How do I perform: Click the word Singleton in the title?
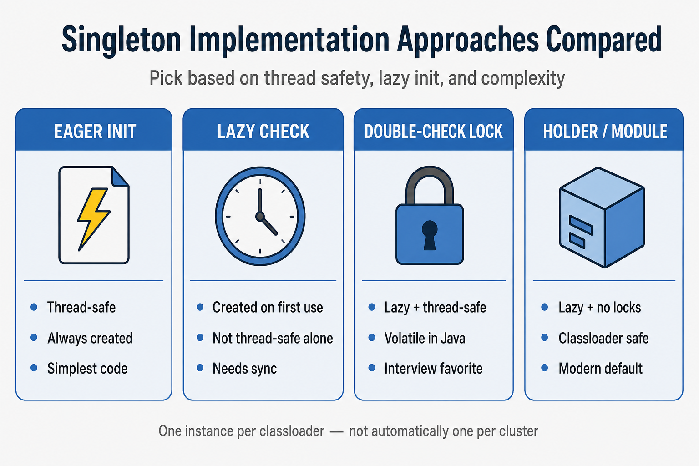[x=122, y=40]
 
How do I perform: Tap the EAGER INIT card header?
[x=95, y=132]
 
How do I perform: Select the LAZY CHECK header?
[x=263, y=132]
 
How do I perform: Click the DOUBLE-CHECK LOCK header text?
[x=433, y=132]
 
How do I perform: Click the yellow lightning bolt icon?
[x=93, y=219]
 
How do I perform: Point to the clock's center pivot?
[x=260, y=216]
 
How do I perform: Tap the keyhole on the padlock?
[x=430, y=235]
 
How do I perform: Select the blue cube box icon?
[x=602, y=217]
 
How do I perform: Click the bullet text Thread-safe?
[x=81, y=308]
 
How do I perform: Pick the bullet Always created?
[x=90, y=338]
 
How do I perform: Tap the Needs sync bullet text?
[x=245, y=369]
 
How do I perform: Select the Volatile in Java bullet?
[x=425, y=338]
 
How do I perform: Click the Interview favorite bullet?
[x=433, y=369]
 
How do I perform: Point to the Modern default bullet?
[x=600, y=369]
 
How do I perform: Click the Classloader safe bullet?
[x=603, y=338]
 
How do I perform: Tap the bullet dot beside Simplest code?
[x=34, y=368]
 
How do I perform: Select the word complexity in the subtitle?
[x=523, y=78]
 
